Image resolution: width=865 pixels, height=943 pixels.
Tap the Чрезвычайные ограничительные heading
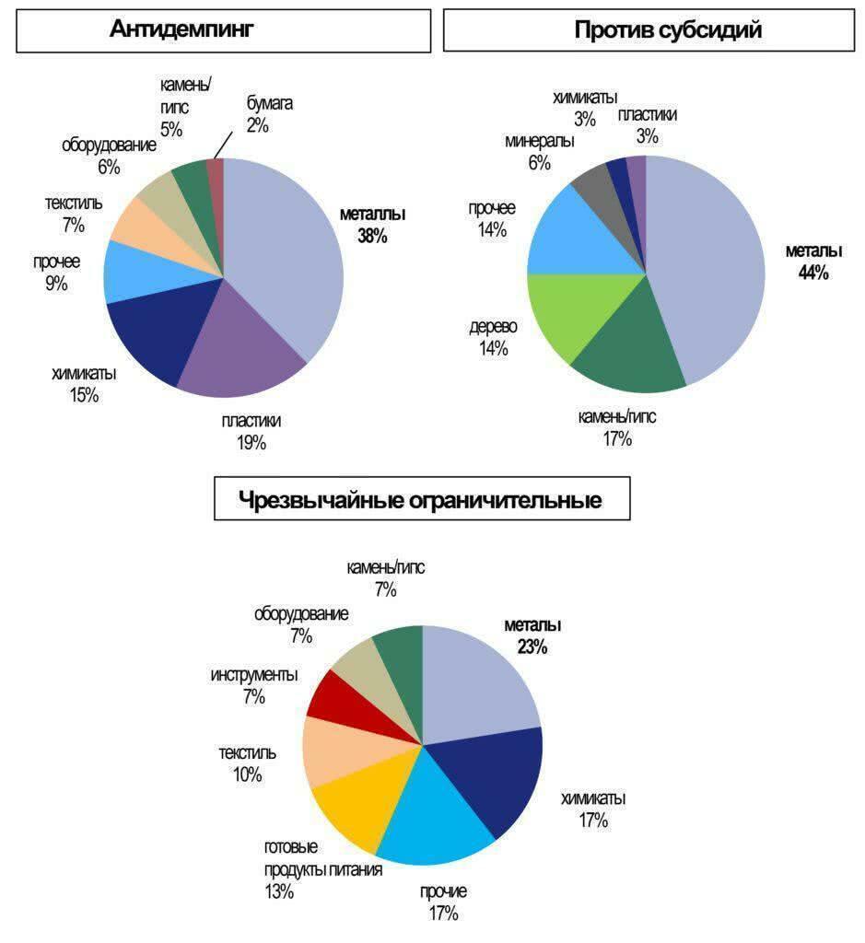(x=421, y=500)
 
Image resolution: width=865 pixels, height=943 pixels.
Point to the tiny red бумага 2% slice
(x=216, y=170)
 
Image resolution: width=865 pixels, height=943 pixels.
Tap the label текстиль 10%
(x=247, y=763)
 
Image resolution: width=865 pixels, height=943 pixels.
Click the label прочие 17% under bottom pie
(x=443, y=902)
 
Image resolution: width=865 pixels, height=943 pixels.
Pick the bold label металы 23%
(x=532, y=635)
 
